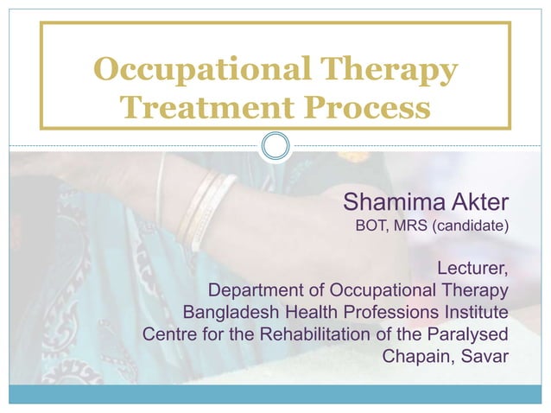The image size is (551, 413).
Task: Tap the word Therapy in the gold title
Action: pos(389,68)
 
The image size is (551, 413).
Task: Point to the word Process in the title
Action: pos(363,108)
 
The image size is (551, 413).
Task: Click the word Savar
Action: pos(485,354)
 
